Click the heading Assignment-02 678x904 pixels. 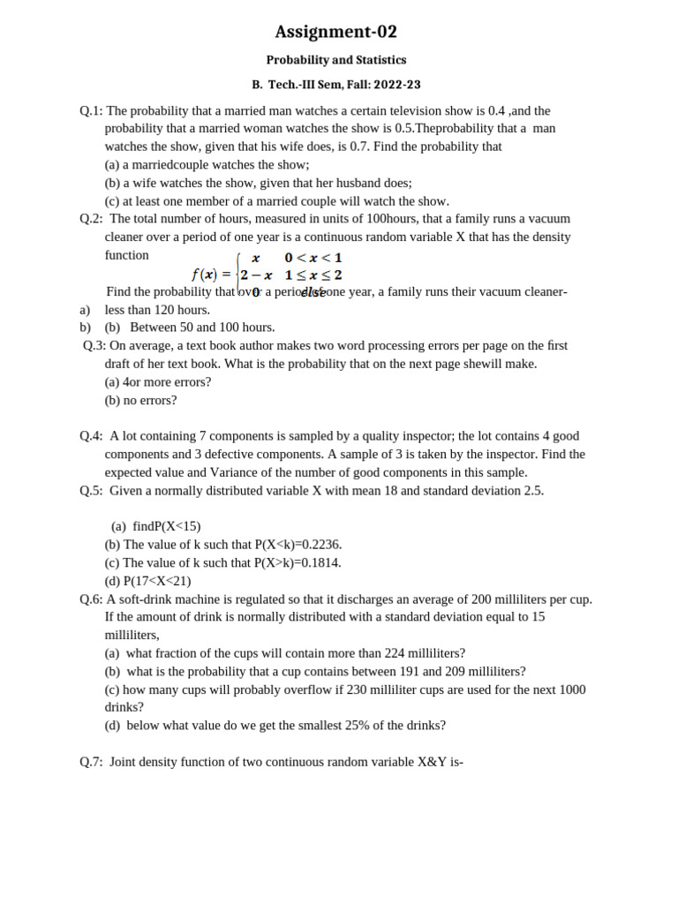(x=335, y=33)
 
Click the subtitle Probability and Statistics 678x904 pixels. (x=335, y=60)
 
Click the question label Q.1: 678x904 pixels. (x=91, y=110)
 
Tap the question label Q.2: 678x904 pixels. (x=91, y=218)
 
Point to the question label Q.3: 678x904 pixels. (x=94, y=345)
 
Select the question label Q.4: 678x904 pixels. (x=91, y=435)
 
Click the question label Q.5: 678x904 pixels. (x=91, y=490)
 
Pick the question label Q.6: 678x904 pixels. (x=91, y=599)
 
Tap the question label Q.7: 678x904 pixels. (x=91, y=761)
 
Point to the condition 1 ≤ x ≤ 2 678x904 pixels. (x=313, y=275)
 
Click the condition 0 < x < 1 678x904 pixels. (x=313, y=258)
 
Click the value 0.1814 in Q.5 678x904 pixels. (x=320, y=562)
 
